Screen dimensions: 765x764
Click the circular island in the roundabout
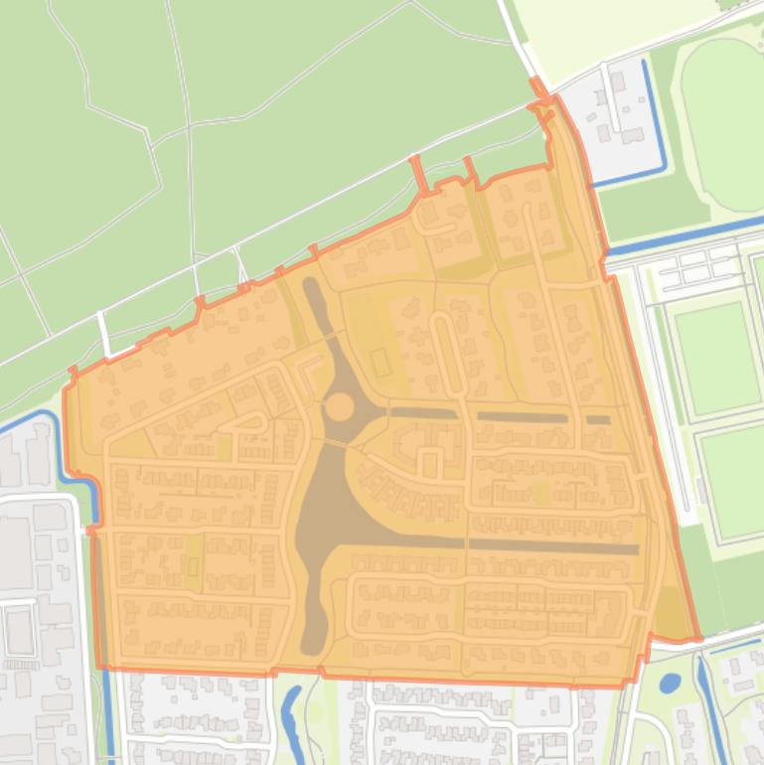tap(339, 406)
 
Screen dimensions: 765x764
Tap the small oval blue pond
tap(671, 684)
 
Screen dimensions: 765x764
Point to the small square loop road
tap(430, 462)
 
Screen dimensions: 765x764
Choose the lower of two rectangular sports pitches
tap(730, 482)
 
